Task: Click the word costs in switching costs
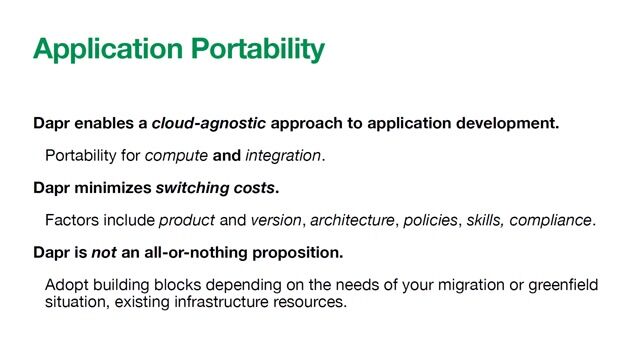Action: pos(256,187)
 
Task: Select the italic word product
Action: pos(188,219)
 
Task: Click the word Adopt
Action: pos(66,284)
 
